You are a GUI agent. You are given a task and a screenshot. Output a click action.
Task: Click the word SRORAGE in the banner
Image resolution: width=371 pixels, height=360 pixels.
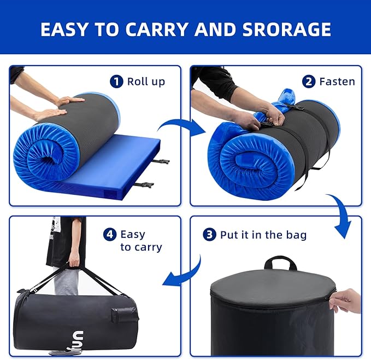286,30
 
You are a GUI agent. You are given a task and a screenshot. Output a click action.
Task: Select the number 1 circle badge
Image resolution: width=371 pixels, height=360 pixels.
116,81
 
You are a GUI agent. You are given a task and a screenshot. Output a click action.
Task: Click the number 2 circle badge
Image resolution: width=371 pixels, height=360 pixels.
309,82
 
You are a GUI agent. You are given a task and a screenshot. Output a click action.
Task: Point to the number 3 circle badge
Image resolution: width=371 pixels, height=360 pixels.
209,235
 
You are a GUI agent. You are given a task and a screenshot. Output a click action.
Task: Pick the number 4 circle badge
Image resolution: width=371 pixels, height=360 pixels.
110,235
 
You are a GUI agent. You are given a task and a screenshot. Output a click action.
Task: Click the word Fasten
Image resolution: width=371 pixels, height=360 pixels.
337,82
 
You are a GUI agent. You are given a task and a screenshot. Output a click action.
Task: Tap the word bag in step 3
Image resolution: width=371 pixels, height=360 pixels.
296,235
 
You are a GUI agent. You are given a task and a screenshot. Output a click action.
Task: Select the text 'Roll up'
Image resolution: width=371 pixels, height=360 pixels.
146,82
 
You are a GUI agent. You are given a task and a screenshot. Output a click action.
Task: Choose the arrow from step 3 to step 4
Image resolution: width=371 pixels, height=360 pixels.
187,275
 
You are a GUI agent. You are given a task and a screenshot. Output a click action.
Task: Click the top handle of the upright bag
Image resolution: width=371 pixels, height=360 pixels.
280,263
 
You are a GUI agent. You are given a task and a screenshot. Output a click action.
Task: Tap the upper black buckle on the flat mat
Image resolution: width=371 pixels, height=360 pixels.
161,161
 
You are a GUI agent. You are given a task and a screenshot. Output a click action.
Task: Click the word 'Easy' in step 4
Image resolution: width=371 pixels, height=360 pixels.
133,235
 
